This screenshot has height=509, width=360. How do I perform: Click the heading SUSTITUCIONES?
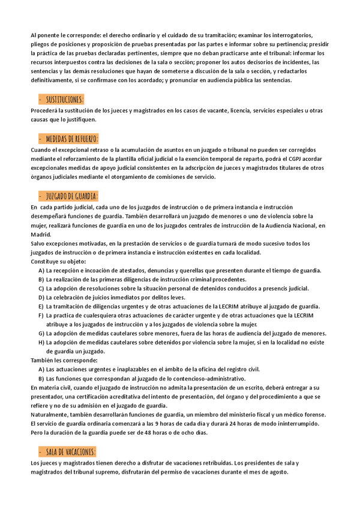[x=65, y=99]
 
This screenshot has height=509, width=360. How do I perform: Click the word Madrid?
[x=41, y=235]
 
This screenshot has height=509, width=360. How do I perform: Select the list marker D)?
[x=41, y=298]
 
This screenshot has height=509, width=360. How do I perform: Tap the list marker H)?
[x=41, y=342]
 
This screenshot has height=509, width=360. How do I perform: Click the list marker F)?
[x=41, y=315]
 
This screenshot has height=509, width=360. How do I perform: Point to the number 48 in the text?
[x=127, y=433]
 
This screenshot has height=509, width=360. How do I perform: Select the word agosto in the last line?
[x=276, y=472]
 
